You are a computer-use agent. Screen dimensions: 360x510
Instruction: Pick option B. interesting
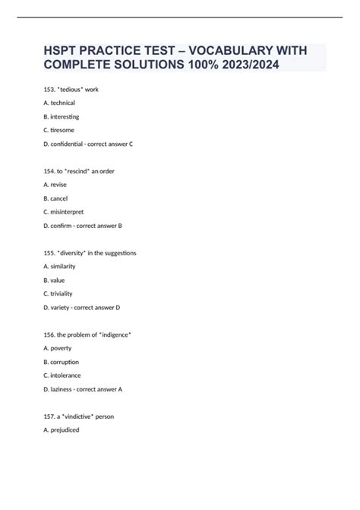coord(62,117)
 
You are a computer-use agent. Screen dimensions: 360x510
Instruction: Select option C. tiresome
coord(60,130)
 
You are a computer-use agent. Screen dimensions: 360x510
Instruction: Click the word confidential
coord(71,144)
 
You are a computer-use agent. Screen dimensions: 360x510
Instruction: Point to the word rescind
coord(82,171)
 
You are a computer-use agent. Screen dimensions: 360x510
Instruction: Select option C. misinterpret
coord(64,212)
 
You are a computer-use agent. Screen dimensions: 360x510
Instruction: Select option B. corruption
coord(62,362)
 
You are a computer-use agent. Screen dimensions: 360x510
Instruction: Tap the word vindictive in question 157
coord(81,417)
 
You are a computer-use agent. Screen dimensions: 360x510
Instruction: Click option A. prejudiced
coord(62,429)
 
